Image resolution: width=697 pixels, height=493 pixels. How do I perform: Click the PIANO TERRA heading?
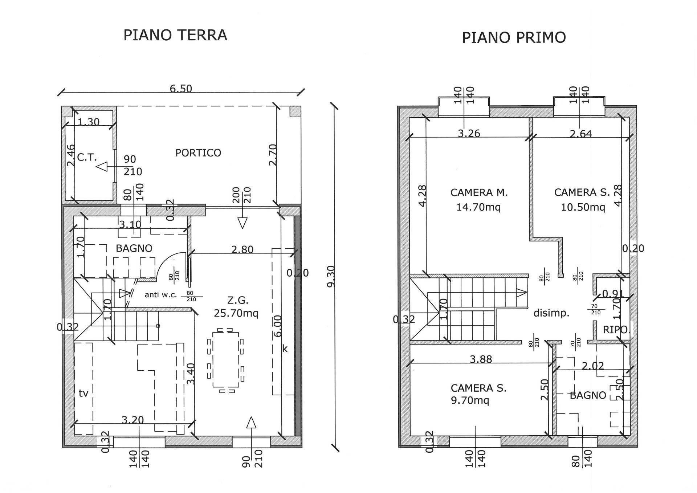[175, 35]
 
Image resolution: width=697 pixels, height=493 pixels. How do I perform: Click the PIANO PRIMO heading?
[514, 37]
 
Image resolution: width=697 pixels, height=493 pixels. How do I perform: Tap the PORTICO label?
[198, 153]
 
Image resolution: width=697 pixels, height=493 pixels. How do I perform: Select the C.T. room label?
[87, 158]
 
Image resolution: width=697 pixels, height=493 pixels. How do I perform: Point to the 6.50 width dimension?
[181, 89]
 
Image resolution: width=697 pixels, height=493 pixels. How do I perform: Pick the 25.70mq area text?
[236, 313]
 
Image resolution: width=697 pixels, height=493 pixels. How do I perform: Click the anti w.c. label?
[160, 295]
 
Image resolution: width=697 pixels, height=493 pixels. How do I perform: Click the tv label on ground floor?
[83, 393]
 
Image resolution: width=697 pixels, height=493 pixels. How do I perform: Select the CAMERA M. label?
[479, 192]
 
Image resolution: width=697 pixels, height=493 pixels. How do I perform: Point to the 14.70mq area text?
[478, 207]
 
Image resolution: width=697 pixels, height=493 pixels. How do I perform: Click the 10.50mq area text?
[583, 207]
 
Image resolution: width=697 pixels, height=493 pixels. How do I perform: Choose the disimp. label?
[551, 313]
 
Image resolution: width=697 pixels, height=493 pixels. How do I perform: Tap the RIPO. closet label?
[615, 330]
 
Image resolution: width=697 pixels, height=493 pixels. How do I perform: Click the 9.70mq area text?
[470, 400]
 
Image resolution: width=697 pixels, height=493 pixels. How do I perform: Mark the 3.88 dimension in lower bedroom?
[481, 359]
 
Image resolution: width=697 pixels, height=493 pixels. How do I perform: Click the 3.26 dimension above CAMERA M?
[469, 134]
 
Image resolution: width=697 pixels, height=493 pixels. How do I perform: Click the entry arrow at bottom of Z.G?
[251, 423]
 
